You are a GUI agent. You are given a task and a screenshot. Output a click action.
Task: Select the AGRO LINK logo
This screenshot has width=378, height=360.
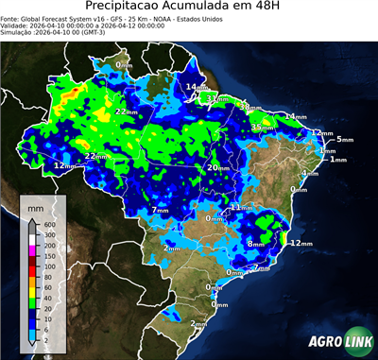point(340,342)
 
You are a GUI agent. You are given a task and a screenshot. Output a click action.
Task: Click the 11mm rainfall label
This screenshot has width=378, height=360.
point(242,207)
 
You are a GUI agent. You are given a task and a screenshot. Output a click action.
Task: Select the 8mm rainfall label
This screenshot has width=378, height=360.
point(255,244)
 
